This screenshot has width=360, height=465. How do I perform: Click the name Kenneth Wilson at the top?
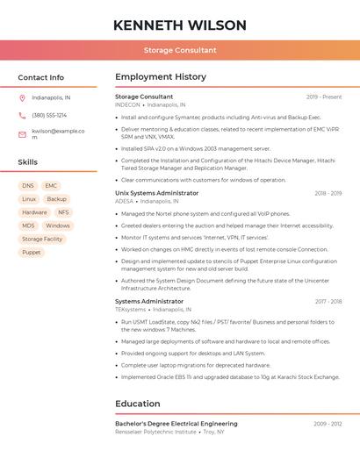[180, 25]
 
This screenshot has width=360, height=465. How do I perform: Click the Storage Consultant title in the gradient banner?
[180, 50]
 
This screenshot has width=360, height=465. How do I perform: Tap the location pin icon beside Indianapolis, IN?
[22, 98]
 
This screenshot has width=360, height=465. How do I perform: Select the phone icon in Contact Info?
[22, 116]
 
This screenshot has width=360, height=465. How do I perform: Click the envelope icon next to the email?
[22, 134]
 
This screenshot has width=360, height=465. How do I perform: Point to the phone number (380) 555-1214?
[49, 116]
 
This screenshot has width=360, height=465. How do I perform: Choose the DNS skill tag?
[28, 186]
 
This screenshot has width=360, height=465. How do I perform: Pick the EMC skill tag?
[51, 186]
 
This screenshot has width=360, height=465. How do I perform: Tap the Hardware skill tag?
[35, 212]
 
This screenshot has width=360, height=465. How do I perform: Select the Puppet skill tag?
[32, 252]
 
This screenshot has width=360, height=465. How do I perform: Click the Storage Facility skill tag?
[42, 239]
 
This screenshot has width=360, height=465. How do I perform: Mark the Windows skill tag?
[58, 225]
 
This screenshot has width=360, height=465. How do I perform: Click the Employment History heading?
[161, 77]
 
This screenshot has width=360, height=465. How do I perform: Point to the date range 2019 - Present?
[324, 97]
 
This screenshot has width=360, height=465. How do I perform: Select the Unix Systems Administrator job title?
[157, 193]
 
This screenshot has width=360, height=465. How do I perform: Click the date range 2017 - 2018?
[328, 301]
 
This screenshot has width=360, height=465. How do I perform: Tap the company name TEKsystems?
[131, 310]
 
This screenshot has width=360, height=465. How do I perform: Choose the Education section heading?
[138, 404]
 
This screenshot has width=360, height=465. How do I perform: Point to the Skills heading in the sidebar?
[27, 162]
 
